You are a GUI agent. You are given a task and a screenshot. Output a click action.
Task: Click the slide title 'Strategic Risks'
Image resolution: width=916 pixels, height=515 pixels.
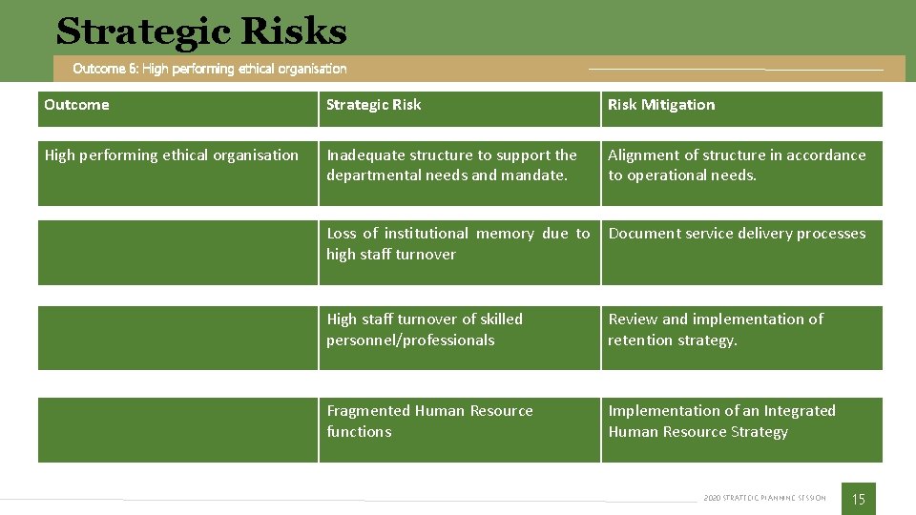pos(201,31)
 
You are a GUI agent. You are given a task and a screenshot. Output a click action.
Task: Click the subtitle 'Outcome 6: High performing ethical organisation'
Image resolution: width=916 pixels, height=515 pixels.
pos(210,69)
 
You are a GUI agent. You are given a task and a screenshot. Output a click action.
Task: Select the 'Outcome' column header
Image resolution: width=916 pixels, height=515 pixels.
pos(76,105)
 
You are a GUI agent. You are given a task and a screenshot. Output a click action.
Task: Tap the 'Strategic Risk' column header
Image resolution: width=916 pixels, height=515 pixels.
pos(373,105)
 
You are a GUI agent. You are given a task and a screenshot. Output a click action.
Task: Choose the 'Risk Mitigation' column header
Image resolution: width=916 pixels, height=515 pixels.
pos(661,105)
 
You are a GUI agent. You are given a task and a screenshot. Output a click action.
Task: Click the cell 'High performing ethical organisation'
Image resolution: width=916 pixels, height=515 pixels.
pos(172,155)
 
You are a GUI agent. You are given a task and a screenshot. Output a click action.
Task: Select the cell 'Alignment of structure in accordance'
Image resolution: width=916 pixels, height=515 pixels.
pos(737,165)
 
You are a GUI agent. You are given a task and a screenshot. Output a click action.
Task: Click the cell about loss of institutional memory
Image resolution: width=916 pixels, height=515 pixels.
pos(458,243)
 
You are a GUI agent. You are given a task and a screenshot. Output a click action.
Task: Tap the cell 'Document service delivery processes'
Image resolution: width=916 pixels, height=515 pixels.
pos(737,234)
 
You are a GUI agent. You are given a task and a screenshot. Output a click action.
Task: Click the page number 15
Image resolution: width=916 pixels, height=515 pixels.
pos(858,499)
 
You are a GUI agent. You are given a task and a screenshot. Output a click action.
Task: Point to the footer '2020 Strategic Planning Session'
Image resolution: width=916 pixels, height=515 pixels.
pos(764,498)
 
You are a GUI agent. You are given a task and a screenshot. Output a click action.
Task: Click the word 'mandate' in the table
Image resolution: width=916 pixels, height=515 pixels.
pos(534,175)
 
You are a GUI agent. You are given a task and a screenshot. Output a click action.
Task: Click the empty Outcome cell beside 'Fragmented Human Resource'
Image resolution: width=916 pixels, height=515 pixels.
pos(177,430)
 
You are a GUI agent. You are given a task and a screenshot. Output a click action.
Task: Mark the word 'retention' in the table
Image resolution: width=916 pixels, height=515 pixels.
pos(638,340)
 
